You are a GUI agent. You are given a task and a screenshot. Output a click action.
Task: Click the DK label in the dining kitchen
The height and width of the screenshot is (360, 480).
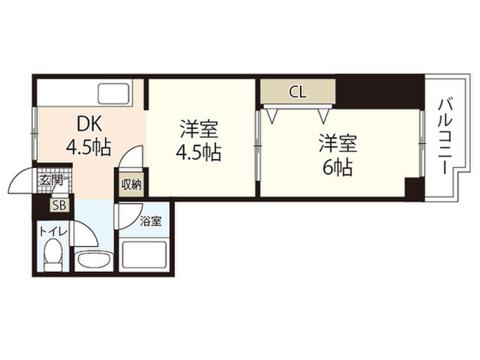point(88,124)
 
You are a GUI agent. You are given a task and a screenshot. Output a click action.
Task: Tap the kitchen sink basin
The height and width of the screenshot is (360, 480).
point(113,94)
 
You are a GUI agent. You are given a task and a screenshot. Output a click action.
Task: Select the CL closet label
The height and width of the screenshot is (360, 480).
point(298,91)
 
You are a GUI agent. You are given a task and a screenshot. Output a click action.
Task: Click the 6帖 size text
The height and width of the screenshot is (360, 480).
point(337,167)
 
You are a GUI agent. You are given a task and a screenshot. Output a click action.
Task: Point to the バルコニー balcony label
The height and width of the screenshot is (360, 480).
point(445,136)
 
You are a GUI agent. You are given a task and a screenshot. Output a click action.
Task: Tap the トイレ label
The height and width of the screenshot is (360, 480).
point(53,232)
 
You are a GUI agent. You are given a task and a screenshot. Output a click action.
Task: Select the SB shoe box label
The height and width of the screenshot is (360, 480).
point(60,205)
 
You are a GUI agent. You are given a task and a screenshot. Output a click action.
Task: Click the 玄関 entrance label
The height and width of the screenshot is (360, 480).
point(51,180)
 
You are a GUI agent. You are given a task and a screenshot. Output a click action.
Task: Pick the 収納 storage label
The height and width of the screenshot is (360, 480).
point(131,184)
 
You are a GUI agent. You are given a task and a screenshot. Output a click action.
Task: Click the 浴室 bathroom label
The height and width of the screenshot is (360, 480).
point(151,221)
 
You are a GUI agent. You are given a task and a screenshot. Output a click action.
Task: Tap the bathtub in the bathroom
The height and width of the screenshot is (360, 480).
point(144,256)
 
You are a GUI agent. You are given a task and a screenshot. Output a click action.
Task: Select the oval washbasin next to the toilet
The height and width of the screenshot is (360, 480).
point(92,261)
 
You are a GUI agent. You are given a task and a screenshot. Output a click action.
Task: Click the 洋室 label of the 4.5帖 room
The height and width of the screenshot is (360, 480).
point(199,130)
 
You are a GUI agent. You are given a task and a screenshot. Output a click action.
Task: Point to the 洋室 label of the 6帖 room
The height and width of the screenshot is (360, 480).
point(337,143)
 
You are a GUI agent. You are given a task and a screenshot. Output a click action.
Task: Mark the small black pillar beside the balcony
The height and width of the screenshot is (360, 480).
point(415,187)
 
